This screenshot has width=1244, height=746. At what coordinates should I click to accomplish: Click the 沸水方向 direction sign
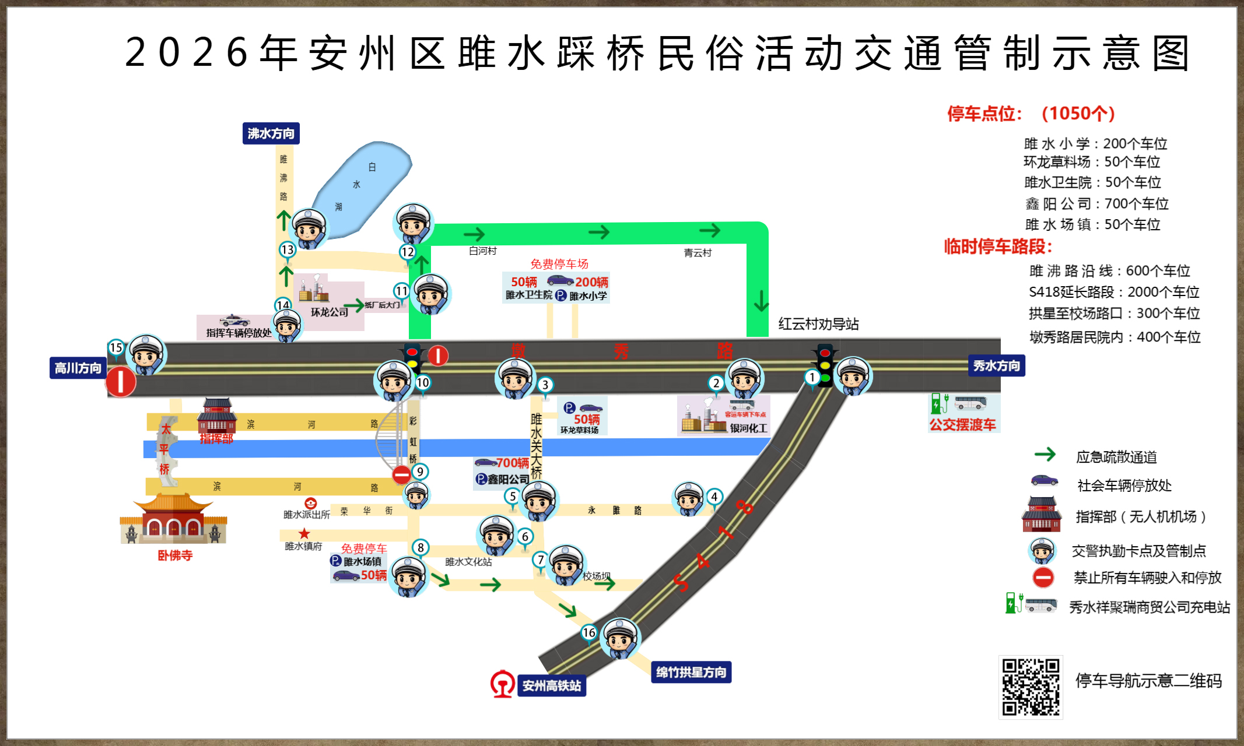click(x=271, y=133)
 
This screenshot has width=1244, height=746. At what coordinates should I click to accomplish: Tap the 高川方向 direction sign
click(x=78, y=368)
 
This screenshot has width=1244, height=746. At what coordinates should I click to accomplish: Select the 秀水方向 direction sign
click(x=996, y=366)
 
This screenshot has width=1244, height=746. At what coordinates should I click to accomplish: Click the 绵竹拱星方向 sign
click(x=691, y=673)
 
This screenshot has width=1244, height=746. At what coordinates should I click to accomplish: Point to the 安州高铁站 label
click(x=551, y=686)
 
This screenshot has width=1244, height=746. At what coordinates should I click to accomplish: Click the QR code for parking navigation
click(x=1031, y=687)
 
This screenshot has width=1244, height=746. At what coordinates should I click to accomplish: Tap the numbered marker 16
click(x=589, y=633)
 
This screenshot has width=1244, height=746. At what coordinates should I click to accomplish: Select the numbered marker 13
click(x=287, y=250)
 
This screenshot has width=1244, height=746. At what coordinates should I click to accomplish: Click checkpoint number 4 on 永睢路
click(x=714, y=497)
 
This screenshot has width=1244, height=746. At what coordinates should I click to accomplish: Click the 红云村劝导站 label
click(x=818, y=324)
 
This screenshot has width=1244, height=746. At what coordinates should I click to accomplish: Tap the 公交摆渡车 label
click(x=962, y=425)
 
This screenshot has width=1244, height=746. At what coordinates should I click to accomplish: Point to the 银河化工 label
click(x=748, y=428)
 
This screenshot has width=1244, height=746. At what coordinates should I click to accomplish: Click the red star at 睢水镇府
click(x=304, y=533)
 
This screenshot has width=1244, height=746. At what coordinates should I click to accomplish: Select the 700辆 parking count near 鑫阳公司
click(x=513, y=463)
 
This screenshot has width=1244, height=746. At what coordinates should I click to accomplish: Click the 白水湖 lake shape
click(x=362, y=186)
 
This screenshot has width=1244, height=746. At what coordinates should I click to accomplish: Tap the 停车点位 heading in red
click(x=984, y=114)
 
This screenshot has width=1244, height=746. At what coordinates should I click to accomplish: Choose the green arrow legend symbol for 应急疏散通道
click(x=1045, y=455)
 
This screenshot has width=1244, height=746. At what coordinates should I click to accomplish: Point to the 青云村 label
click(x=698, y=253)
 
